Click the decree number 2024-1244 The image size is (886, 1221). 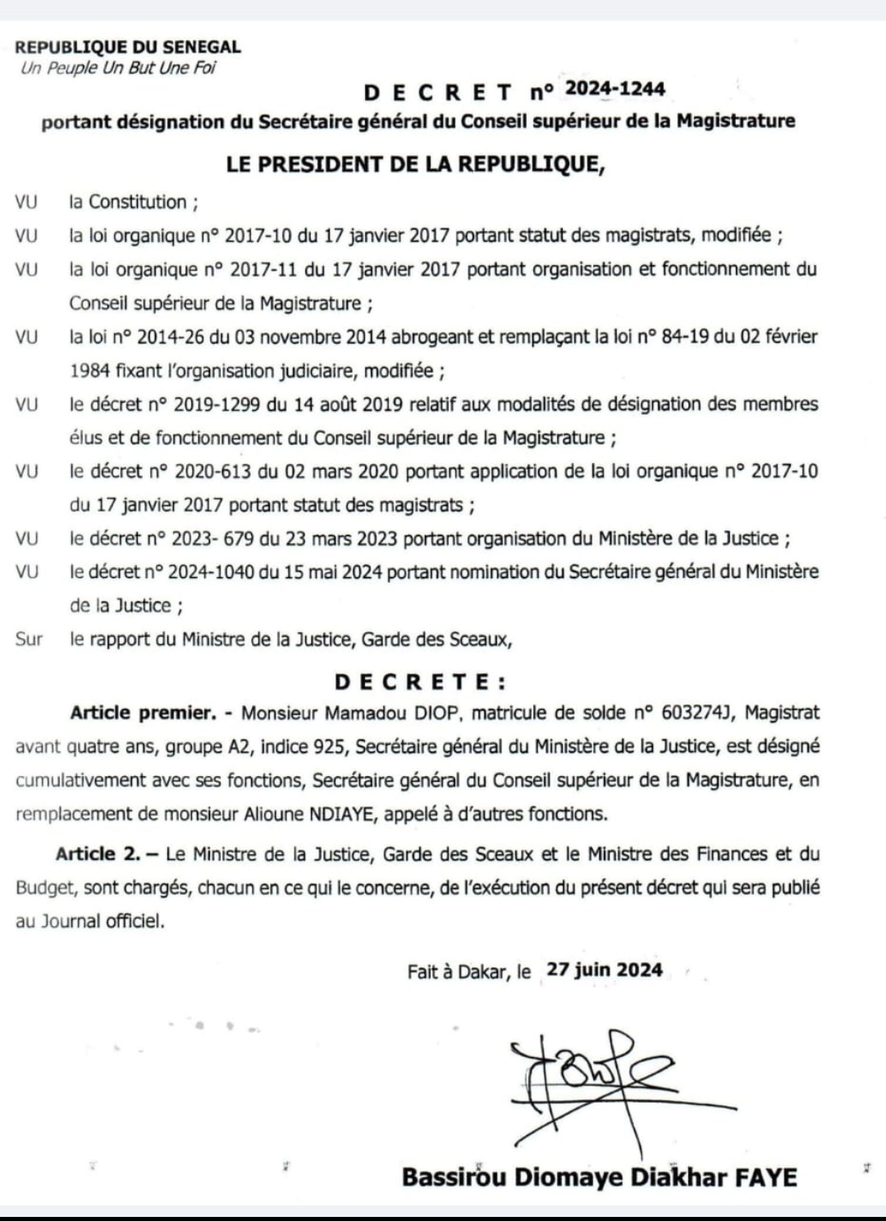(615, 90)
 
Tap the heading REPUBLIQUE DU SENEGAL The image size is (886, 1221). (128, 48)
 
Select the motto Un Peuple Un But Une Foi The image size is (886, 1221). (118, 68)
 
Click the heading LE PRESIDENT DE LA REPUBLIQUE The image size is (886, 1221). (416, 163)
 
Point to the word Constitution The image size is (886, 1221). (138, 202)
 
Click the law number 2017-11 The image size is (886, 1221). (261, 269)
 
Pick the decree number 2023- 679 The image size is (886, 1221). (203, 539)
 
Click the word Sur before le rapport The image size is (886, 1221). (29, 639)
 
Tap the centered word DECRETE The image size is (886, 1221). (420, 682)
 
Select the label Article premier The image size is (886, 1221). (141, 713)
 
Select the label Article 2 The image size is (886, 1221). (98, 854)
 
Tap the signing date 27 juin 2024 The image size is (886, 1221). (605, 970)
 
